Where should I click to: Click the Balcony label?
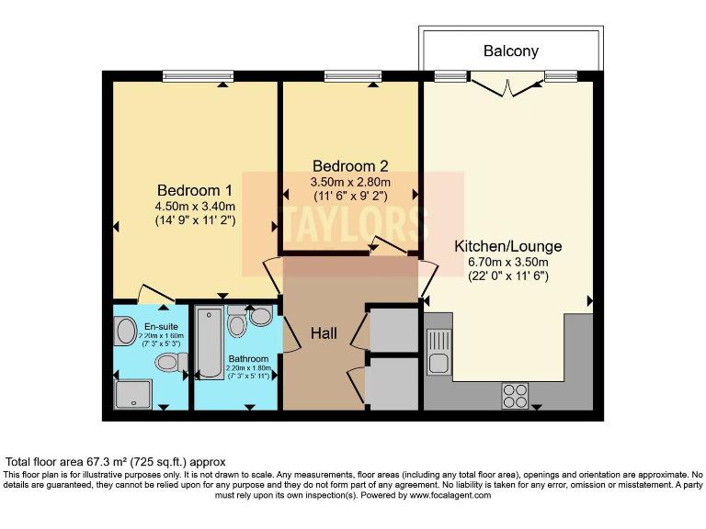[x=511, y=51]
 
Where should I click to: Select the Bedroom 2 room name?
[x=350, y=166]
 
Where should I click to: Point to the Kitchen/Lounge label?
[x=508, y=246]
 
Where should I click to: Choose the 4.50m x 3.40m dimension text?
[x=195, y=206]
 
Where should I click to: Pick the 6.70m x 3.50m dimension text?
[x=508, y=262]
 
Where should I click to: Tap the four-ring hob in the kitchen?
[x=515, y=395]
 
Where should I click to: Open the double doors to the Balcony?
[x=511, y=86]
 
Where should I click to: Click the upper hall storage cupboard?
[x=393, y=332]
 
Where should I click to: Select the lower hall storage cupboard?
[x=393, y=384]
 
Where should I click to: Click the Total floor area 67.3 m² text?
[x=116, y=461]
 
